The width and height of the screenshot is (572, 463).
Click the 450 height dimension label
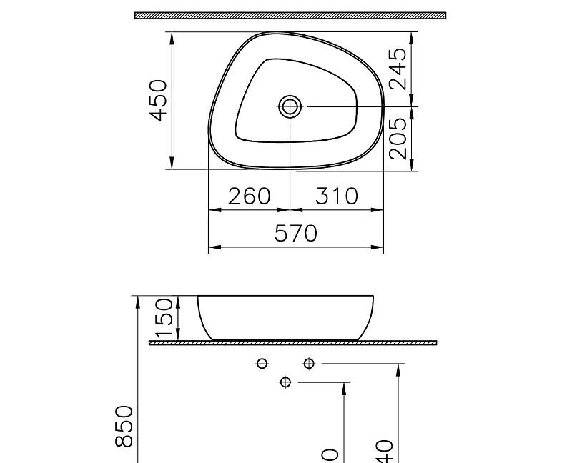(x=159, y=100)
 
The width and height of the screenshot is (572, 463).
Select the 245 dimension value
(x=400, y=69)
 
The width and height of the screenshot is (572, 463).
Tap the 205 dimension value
(x=400, y=138)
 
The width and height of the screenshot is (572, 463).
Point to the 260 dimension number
(x=250, y=196)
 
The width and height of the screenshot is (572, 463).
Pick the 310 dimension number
(x=336, y=196)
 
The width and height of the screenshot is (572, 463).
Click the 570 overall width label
(x=296, y=234)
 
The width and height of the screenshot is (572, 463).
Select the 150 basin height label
(x=164, y=318)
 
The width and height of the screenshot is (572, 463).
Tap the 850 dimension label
(x=124, y=426)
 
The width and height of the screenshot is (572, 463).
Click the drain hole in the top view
(x=290, y=106)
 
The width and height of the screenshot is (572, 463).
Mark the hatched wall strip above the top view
(x=290, y=15)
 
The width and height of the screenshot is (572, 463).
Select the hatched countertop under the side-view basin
(x=292, y=343)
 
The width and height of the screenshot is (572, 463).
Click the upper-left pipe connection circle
(x=262, y=364)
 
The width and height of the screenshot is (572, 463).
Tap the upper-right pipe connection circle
(x=308, y=364)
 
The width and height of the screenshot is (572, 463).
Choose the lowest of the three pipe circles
(x=285, y=382)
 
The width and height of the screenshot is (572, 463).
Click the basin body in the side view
(x=285, y=317)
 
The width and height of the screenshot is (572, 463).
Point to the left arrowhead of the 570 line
(x=212, y=247)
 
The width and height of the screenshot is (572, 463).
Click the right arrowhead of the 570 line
(x=380, y=247)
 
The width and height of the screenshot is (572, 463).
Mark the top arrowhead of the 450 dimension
(x=172, y=36)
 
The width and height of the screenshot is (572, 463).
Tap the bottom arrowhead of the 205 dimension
(x=413, y=165)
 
